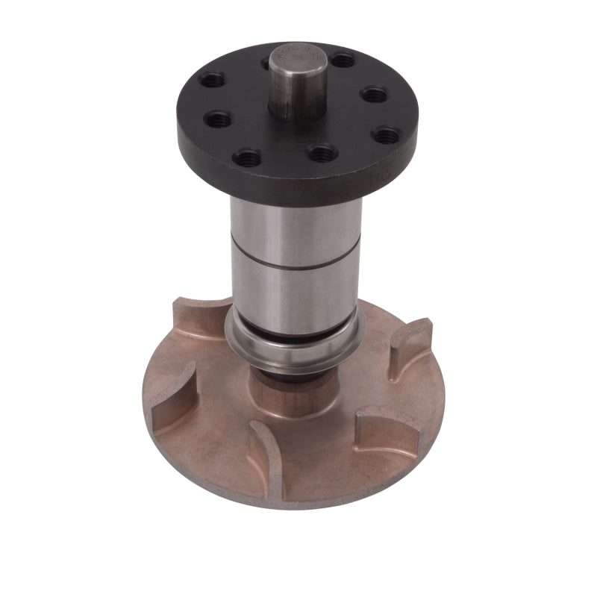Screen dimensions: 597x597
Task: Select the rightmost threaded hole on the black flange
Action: pos(387,135)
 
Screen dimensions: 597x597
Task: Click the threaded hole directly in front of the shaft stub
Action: pos(322,153)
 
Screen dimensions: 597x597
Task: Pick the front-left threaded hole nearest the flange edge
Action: pos(247,157)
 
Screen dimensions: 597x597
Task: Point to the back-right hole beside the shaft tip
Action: pos(343,60)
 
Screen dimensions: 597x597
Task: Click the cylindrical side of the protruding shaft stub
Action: pos(298,97)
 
